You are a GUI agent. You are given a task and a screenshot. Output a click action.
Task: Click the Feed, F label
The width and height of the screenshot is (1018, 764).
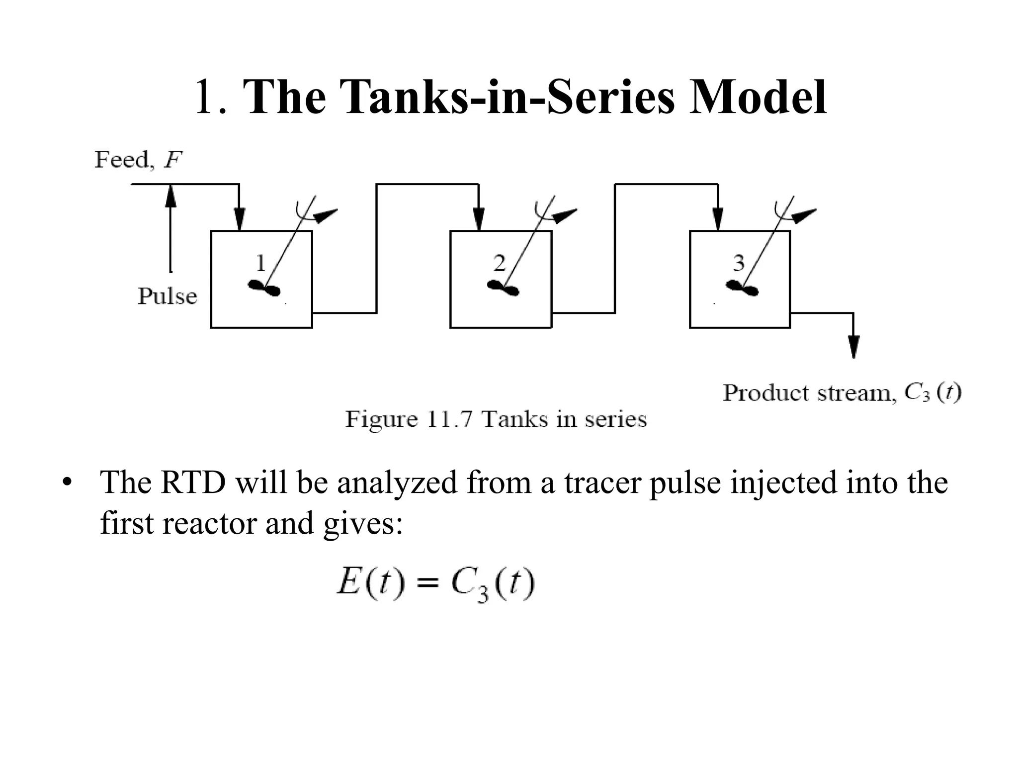pyautogui.click(x=138, y=160)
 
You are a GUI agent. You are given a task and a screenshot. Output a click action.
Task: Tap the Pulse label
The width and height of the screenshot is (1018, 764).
pyautogui.click(x=167, y=296)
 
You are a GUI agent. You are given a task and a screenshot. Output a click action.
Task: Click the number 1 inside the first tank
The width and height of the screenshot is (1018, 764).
pyautogui.click(x=260, y=263)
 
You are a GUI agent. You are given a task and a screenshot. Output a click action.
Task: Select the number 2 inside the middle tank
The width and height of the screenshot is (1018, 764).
pyautogui.click(x=499, y=263)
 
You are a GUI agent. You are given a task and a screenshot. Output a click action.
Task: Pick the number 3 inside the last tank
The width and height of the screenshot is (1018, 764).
pyautogui.click(x=739, y=263)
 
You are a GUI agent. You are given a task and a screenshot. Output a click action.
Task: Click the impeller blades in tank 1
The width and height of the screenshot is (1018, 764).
pyautogui.click(x=264, y=288)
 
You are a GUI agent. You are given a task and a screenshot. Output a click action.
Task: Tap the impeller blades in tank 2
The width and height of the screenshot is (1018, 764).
pyautogui.click(x=503, y=288)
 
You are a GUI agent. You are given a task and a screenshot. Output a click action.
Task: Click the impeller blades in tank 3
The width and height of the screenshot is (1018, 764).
pyautogui.click(x=743, y=288)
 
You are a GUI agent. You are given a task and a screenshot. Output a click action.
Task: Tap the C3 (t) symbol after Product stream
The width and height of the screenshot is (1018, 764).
pyautogui.click(x=933, y=393)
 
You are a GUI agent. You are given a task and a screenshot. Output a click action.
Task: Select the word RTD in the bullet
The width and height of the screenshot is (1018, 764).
pyautogui.click(x=193, y=482)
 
